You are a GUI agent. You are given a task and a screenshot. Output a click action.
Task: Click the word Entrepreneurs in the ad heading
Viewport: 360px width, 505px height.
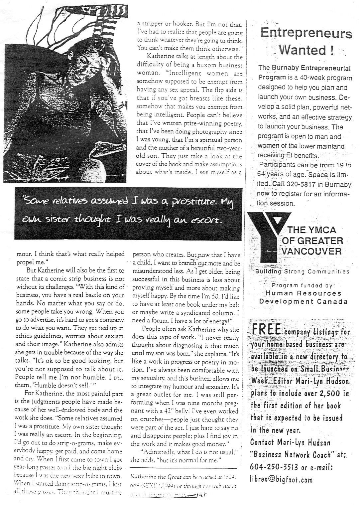coord(306,34)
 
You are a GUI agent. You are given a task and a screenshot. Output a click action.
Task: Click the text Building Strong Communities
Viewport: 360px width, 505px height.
coord(302,271)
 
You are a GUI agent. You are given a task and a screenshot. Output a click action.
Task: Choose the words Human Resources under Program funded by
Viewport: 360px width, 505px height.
coord(303,293)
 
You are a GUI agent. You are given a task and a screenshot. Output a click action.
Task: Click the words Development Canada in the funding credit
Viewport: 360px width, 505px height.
coord(303,301)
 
